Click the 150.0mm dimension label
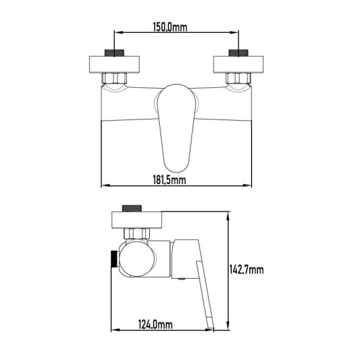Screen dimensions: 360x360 tap(170, 27)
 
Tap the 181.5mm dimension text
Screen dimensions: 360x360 tap(169, 180)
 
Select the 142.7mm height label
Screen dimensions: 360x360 tap(246, 269)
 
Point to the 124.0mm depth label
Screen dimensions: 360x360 tap(155, 324)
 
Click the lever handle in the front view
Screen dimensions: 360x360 tap(177, 128)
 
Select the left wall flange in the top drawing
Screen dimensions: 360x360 tap(114, 64)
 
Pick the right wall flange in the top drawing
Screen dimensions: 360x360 tap(238, 64)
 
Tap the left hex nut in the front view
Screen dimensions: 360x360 tap(114, 79)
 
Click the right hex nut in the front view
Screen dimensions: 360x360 tap(238, 79)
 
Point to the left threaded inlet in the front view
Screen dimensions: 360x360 tap(114, 53)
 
